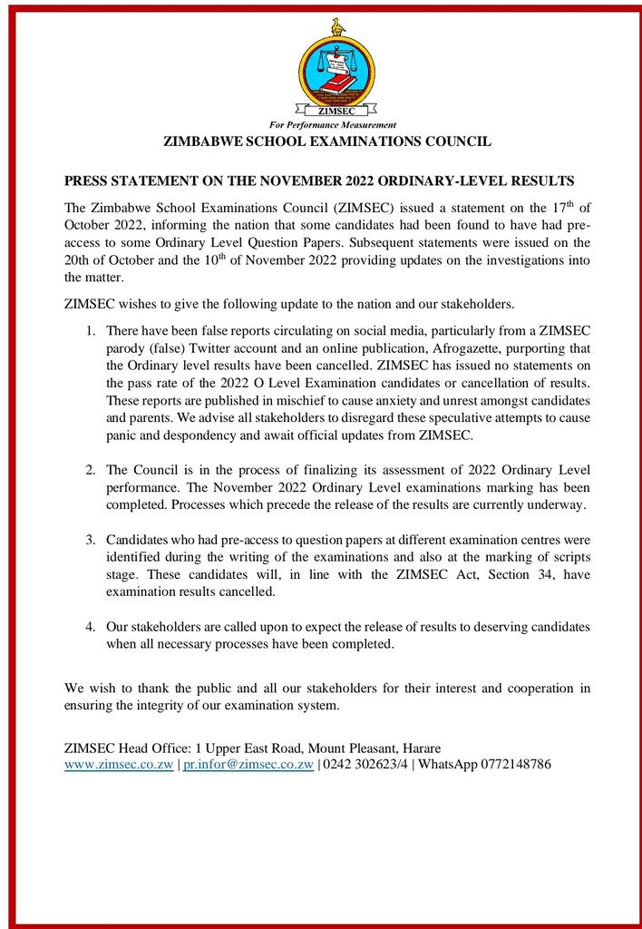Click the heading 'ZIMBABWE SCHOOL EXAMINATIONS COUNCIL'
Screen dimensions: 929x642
click(x=326, y=142)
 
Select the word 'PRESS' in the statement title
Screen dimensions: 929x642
click(x=87, y=181)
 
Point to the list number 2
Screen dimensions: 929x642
click(x=91, y=469)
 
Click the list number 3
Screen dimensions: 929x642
click(x=91, y=539)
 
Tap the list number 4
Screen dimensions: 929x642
click(x=91, y=627)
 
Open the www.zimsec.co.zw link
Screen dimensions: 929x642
click(x=119, y=764)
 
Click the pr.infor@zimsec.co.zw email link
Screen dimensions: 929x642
click(x=248, y=764)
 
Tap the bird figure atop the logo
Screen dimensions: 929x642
click(x=338, y=27)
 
